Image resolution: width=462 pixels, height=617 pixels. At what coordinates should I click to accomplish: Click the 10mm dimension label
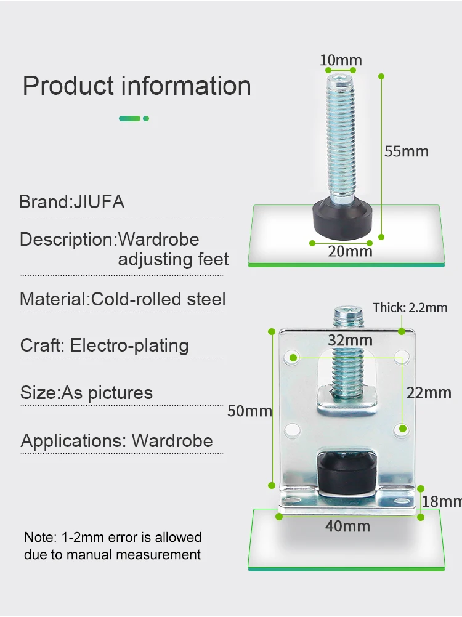(x=341, y=60)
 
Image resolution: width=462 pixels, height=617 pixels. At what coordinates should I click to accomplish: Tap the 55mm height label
(x=406, y=151)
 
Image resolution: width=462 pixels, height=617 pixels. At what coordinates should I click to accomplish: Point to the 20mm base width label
(x=350, y=251)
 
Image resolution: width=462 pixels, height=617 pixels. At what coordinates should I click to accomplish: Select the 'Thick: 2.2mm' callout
(x=410, y=307)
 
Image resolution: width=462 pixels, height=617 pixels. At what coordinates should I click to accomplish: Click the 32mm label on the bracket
(x=350, y=340)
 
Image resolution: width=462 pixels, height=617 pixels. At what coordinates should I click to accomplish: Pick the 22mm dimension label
(x=429, y=392)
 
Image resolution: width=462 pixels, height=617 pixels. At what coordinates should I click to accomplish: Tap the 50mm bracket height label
(x=249, y=410)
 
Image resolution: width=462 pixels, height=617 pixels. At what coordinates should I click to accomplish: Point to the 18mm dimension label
(x=441, y=501)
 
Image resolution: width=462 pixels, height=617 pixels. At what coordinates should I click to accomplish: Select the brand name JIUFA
(x=99, y=202)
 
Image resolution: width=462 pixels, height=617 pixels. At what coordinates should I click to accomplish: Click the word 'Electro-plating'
(x=129, y=345)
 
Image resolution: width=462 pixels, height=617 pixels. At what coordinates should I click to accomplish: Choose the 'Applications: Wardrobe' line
(x=116, y=440)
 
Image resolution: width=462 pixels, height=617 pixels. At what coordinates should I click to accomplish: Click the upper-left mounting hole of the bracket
(x=293, y=357)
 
